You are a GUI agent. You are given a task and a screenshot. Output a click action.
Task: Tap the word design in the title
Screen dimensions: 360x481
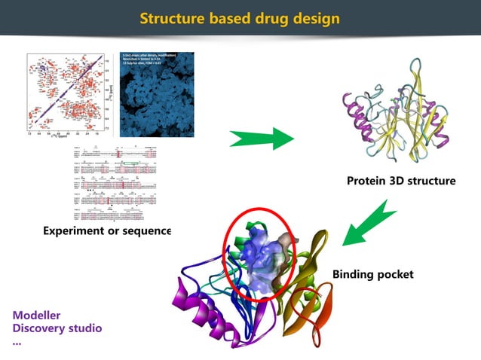[312, 17]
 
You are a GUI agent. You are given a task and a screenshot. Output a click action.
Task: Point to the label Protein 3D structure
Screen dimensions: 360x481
[401, 181]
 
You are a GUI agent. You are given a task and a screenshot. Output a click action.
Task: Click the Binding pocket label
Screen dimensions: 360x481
[372, 274]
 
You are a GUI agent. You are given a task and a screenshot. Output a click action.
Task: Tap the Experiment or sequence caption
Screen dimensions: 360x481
[106, 230]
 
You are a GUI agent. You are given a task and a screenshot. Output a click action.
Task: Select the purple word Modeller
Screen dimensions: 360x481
[36, 315]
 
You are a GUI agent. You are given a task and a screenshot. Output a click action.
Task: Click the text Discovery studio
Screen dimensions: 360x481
[57, 328]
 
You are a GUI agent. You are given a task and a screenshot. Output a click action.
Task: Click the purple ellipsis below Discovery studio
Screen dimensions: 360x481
[17, 341]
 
